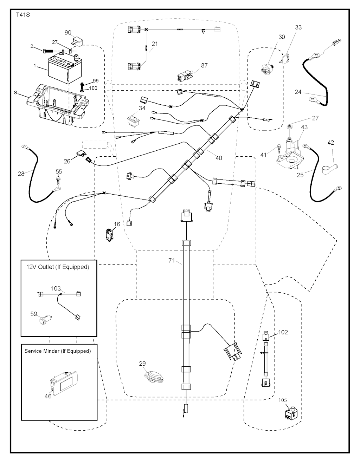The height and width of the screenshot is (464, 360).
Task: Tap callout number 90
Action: pyautogui.click(x=68, y=33)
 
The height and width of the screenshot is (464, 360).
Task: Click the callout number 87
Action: pyautogui.click(x=205, y=65)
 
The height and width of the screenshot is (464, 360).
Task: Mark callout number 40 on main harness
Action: pyautogui.click(x=219, y=158)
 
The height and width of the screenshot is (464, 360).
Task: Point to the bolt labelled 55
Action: pyautogui.click(x=59, y=179)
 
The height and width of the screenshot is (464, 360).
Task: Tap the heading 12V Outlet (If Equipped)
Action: pyautogui.click(x=58, y=267)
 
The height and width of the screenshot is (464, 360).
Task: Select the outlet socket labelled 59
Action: pyautogui.click(x=45, y=320)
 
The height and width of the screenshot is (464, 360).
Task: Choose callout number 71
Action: pyautogui.click(x=172, y=260)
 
